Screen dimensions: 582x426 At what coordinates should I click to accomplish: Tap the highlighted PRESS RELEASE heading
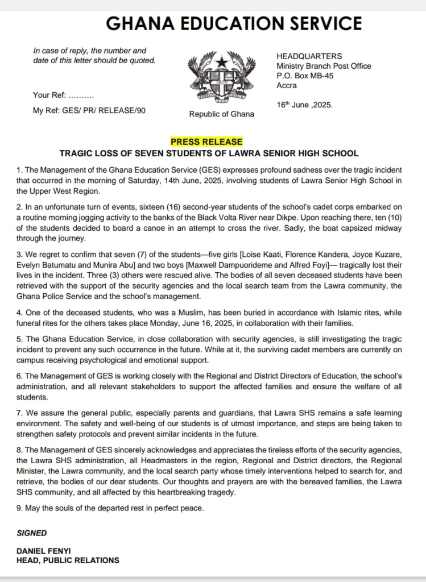[x=206, y=142]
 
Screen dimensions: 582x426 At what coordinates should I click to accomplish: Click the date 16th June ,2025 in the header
[x=304, y=105]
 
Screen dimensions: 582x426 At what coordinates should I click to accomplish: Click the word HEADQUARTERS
[x=309, y=56]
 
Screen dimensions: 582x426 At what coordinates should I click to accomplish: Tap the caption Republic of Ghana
[x=221, y=114]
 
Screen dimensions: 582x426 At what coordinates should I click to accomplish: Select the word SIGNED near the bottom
[x=32, y=533]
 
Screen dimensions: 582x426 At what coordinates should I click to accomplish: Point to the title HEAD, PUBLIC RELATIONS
[x=68, y=560]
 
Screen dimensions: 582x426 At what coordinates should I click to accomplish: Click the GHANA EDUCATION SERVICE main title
[x=234, y=23]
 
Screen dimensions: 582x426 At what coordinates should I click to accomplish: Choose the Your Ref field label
[x=50, y=95]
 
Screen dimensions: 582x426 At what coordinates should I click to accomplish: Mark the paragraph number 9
[x=19, y=508]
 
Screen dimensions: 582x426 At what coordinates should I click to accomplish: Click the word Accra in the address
[x=287, y=85]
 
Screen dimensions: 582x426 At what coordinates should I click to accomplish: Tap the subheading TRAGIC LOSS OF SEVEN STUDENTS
[x=209, y=153]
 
